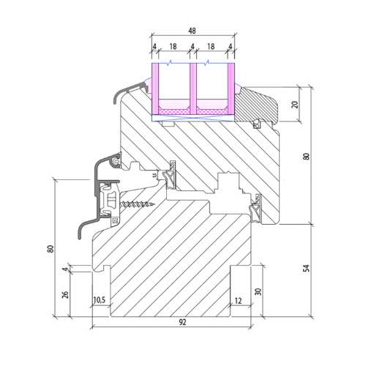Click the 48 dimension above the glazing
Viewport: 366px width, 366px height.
(192, 31)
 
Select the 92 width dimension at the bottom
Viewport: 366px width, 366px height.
(182, 322)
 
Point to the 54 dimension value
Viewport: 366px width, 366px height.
(306, 268)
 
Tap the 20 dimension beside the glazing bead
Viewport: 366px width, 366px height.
(295, 105)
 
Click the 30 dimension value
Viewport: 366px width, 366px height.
(258, 291)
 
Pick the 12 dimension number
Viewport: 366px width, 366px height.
(238, 301)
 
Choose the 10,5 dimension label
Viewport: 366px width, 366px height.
(100, 300)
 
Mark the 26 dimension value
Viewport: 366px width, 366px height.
(65, 294)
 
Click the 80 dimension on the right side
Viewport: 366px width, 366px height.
(306, 157)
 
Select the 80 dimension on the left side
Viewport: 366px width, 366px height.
(51, 249)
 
